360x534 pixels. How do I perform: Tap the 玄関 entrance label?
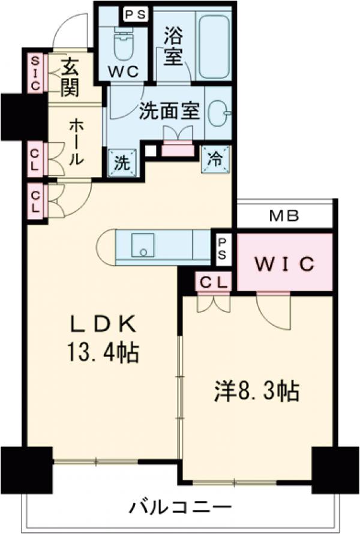(70, 79)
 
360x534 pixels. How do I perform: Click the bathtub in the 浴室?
(214, 47)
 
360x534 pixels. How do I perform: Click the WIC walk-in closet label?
(285, 263)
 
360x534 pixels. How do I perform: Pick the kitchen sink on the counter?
(143, 246)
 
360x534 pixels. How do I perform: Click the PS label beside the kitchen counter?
(222, 248)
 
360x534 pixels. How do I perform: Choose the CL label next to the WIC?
(212, 281)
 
